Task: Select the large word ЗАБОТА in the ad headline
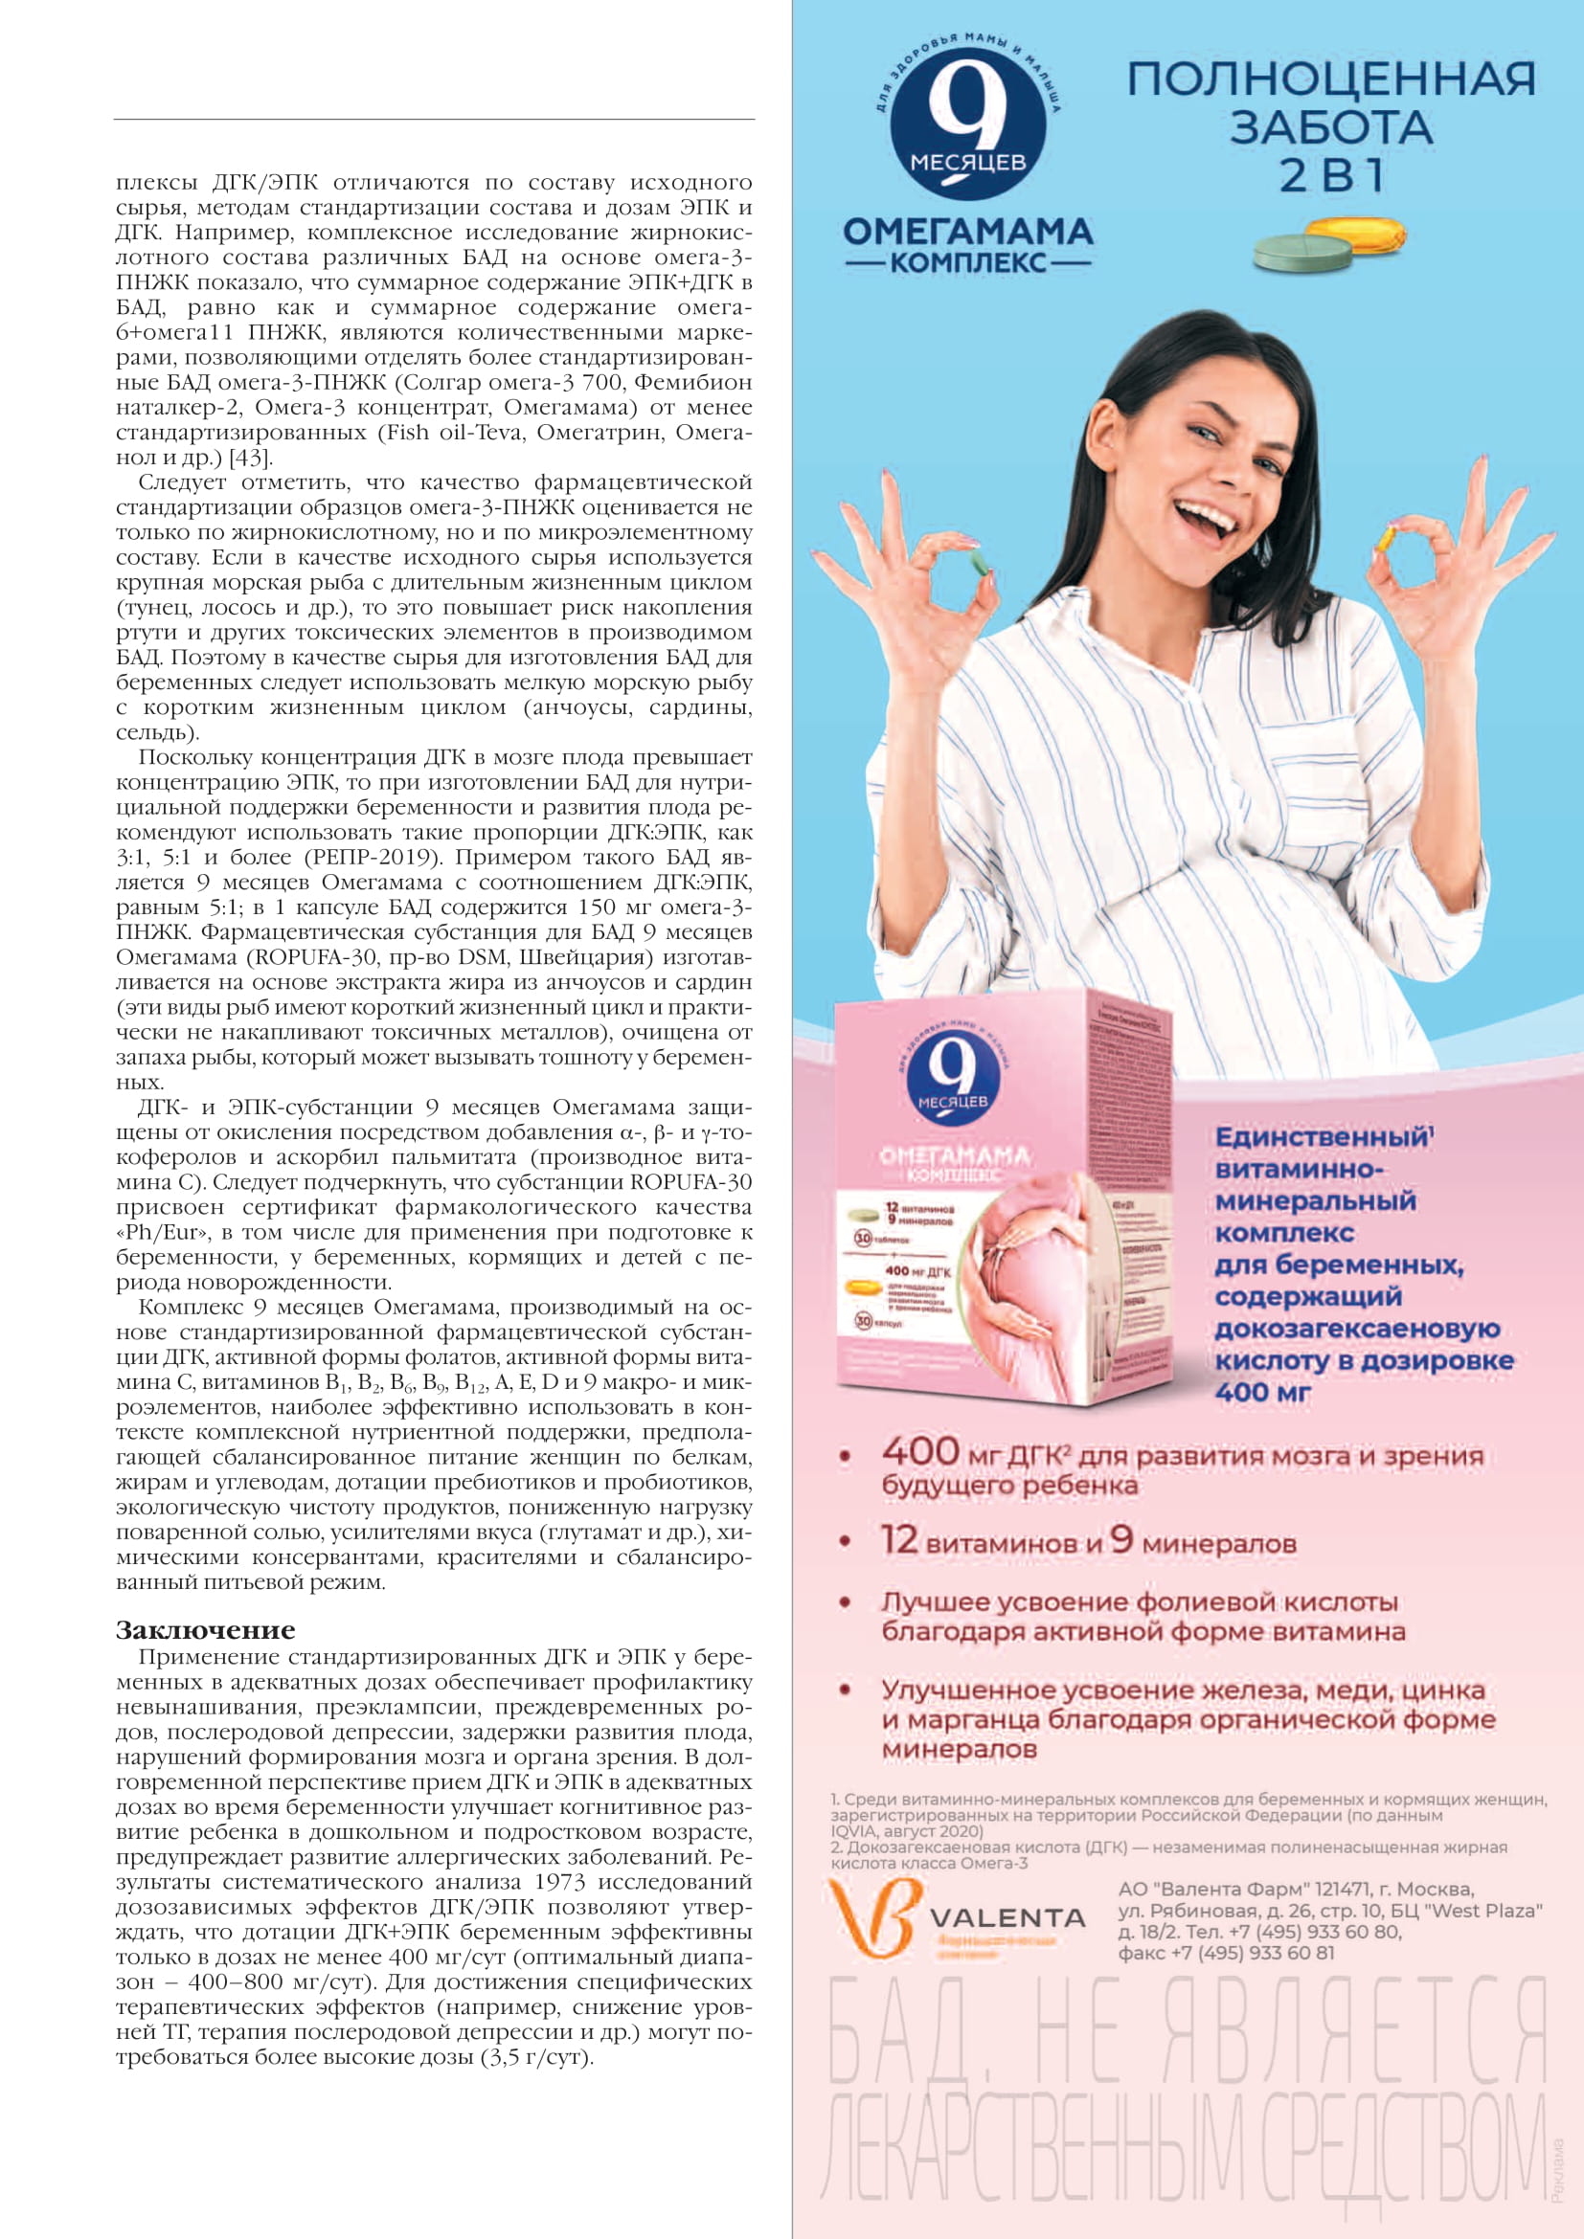coord(1330,127)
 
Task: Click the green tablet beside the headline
coord(1302,254)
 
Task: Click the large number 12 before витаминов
coord(899,1541)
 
